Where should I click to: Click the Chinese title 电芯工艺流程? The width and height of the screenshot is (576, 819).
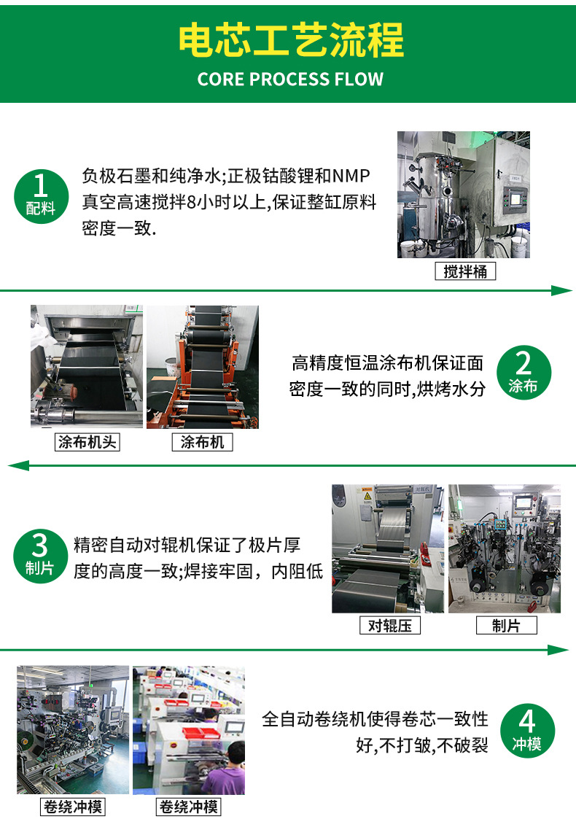291,40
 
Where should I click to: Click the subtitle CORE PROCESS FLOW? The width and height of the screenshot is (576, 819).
290,79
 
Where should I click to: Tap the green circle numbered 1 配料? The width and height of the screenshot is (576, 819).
42,196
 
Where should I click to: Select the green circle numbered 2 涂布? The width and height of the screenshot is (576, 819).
524,373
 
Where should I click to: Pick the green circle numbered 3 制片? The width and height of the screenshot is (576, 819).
40,556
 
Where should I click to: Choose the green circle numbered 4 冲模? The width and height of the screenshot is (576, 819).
527,730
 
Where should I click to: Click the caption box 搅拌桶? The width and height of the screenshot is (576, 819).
465,271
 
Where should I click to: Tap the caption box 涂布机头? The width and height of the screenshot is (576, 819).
87,443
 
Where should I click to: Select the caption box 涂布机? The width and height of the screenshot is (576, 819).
202,443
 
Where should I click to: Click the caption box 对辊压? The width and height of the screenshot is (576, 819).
390,625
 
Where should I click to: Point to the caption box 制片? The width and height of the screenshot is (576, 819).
507,625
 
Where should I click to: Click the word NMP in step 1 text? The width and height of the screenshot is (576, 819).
351,176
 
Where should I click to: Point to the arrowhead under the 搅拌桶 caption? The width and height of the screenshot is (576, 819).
562,290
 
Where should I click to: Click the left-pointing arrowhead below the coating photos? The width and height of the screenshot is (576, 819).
18,465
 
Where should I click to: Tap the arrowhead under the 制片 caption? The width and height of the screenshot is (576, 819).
559,650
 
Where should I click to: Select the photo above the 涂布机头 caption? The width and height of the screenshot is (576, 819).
87,367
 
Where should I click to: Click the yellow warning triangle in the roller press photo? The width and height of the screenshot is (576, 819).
367,496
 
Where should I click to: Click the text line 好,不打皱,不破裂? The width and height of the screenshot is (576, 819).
422,745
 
